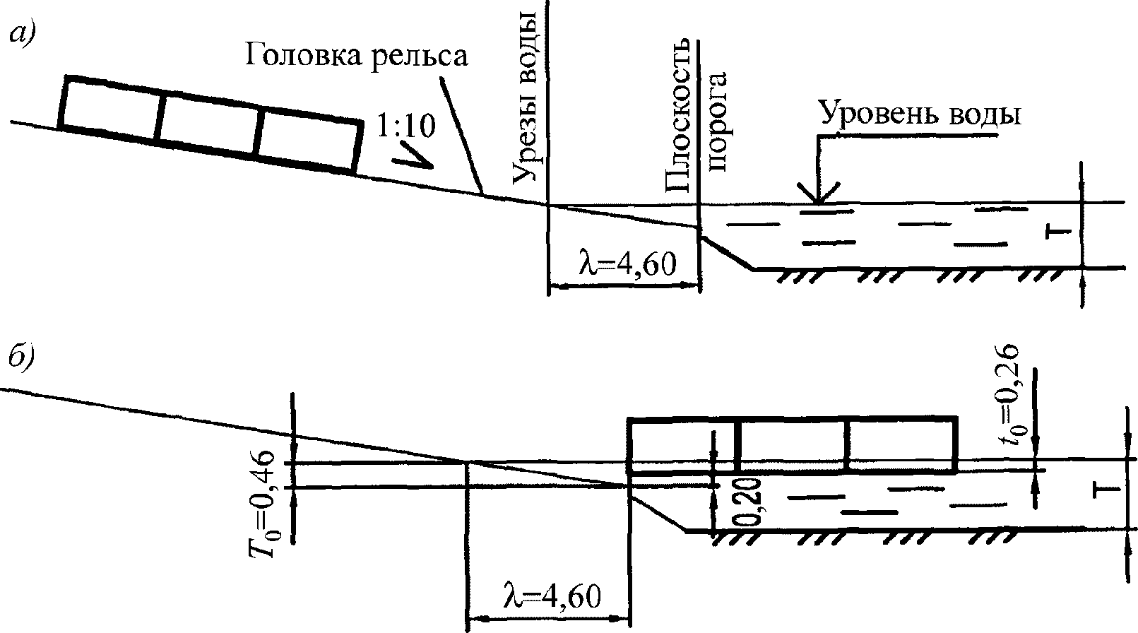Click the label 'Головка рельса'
click(x=355, y=55)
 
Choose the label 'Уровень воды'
click(x=920, y=114)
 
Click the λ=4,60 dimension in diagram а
click(x=628, y=264)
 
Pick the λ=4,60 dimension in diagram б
click(x=552, y=596)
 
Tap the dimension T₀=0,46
click(x=263, y=504)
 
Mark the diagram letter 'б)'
click(x=21, y=355)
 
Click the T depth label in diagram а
click(x=1057, y=232)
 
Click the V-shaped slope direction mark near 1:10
click(x=413, y=155)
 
